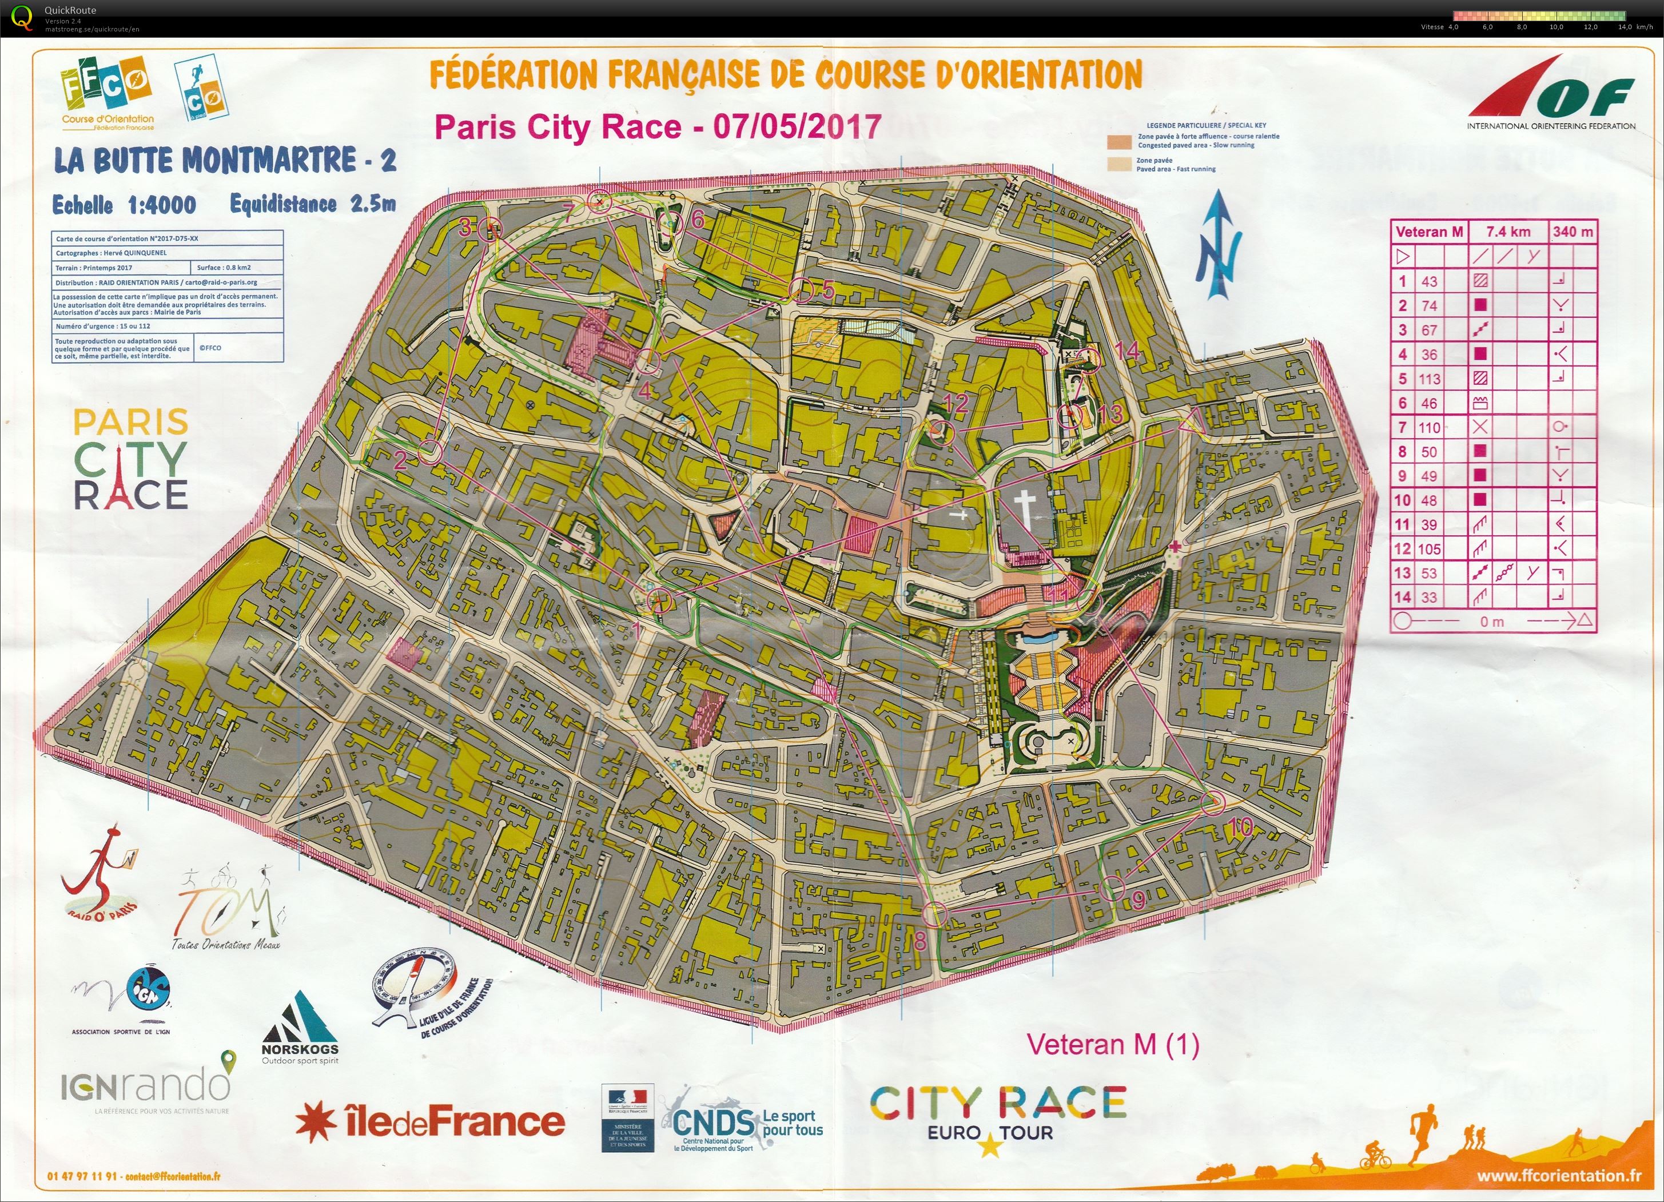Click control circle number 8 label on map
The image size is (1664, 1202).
(920, 941)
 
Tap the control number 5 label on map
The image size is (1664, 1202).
(829, 290)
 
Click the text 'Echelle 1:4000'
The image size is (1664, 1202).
(124, 205)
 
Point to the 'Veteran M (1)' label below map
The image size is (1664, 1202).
(1112, 1045)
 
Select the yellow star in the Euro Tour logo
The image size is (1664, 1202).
(990, 1145)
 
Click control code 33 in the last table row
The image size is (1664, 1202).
(1428, 598)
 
